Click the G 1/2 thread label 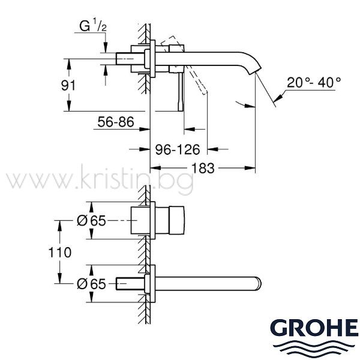pyautogui.click(x=93, y=26)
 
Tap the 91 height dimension pyautogui.click(x=68, y=85)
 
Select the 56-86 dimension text pyautogui.click(x=116, y=122)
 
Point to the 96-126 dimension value pyautogui.click(x=178, y=149)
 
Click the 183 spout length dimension pyautogui.click(x=203, y=168)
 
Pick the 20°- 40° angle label pyautogui.click(x=314, y=82)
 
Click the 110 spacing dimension pyautogui.click(x=60, y=253)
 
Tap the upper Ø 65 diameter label pyautogui.click(x=91, y=221)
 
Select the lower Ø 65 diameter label pyautogui.click(x=91, y=284)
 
